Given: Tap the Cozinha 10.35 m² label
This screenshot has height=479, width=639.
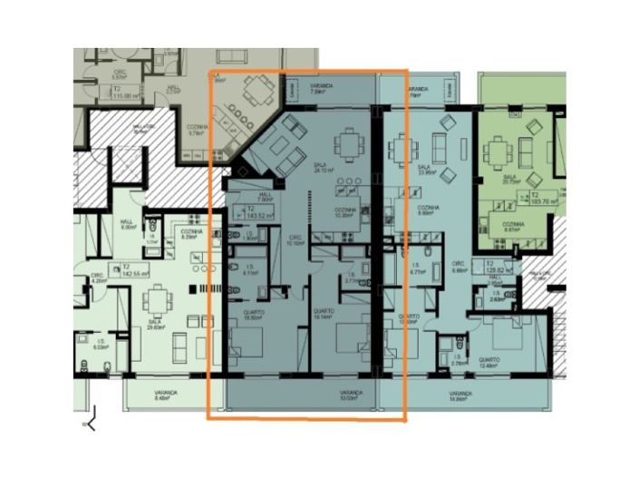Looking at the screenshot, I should click(x=343, y=213).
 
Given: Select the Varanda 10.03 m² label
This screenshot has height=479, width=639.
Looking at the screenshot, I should click(x=351, y=396).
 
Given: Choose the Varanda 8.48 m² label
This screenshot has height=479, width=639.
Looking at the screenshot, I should click(x=165, y=396).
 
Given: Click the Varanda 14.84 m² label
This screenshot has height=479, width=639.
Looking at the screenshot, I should click(x=462, y=396).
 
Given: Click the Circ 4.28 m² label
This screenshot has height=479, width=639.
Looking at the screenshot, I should click(x=97, y=278).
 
